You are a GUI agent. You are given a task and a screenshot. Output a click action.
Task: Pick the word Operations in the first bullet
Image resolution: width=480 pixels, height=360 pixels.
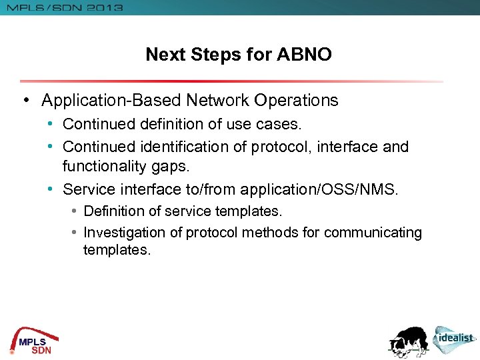pyautogui.click(x=295, y=101)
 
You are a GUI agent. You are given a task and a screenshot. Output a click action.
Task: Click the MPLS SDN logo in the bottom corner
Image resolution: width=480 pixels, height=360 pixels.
pyautogui.click(x=31, y=341)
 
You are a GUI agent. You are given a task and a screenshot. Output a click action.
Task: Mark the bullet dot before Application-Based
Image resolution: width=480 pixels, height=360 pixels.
pyautogui.click(x=25, y=101)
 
